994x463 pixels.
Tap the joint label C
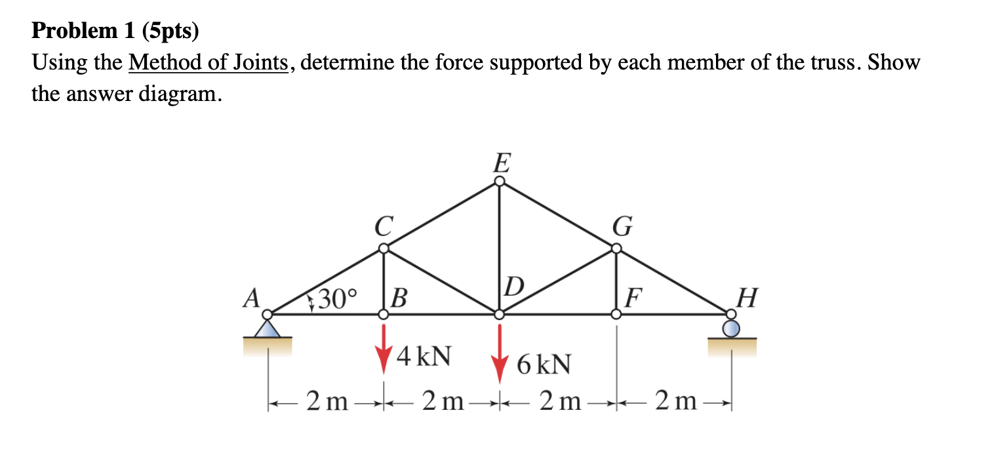click(x=384, y=227)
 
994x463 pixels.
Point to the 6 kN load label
click(x=544, y=364)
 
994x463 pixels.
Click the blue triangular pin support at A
click(x=267, y=328)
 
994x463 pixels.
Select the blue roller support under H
click(x=732, y=328)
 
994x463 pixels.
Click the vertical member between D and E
click(x=500, y=249)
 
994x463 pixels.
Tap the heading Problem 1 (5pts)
click(x=115, y=30)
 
